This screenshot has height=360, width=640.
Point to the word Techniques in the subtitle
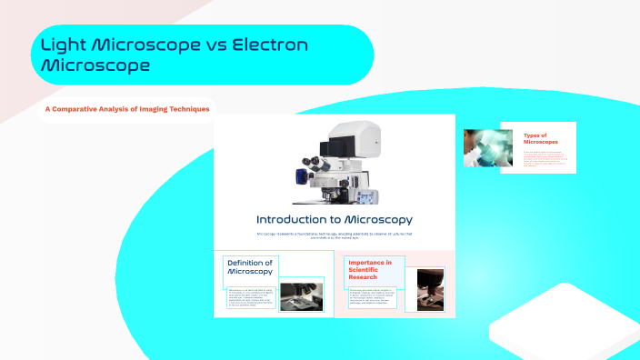point(185,109)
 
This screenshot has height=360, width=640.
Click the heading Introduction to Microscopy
point(334,219)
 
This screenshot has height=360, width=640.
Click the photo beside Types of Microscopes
point(483,147)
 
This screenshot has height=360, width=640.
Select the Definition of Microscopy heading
point(250,266)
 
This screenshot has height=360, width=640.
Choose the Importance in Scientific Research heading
point(370,268)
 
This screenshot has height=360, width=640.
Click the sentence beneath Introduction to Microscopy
point(334,237)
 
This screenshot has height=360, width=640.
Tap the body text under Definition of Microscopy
point(251,296)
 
